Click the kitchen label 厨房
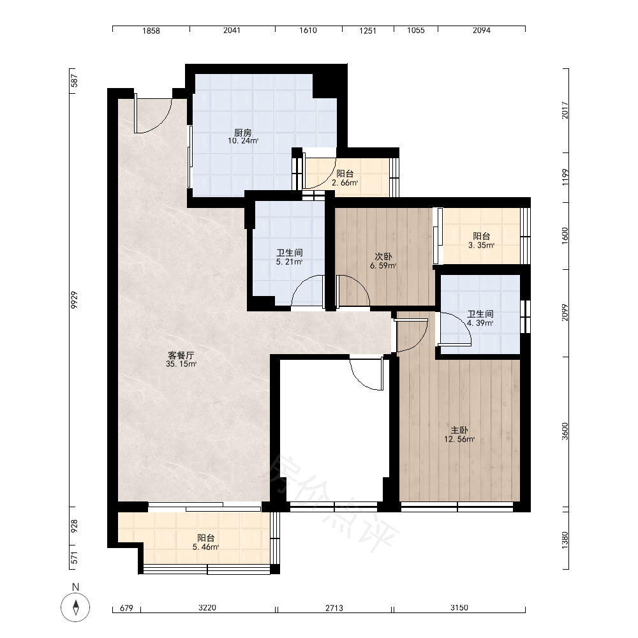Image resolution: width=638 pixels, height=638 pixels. click(243, 133)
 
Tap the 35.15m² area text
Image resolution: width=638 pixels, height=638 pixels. click(181, 364)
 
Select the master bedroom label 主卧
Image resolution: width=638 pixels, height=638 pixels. click(459, 430)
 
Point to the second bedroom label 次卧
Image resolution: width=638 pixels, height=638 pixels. click(383, 256)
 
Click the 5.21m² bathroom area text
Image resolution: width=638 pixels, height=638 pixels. click(289, 262)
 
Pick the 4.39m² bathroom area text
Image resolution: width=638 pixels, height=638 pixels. click(480, 323)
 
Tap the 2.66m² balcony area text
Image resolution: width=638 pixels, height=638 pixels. click(345, 182)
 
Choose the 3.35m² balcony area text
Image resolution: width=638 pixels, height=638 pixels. click(481, 246)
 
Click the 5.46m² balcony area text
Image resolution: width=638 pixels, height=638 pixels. click(206, 547)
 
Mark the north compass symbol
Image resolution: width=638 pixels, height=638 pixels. click(75, 607)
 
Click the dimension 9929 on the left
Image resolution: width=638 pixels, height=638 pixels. click(74, 300)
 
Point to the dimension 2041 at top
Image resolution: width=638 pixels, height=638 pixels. click(232, 30)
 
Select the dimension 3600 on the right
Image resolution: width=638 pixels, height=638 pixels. click(565, 431)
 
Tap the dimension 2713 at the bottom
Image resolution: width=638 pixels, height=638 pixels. click(334, 608)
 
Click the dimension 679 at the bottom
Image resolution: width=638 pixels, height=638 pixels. click(126, 608)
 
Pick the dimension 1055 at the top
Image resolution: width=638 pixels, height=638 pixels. click(416, 30)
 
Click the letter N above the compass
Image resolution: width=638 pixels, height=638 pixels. click(75, 587)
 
